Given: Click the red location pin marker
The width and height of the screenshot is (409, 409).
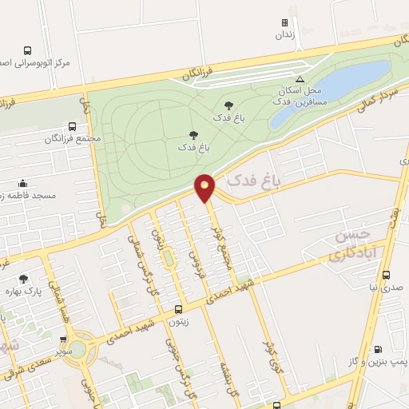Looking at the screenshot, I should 205,187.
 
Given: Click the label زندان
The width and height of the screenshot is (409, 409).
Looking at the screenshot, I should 285,35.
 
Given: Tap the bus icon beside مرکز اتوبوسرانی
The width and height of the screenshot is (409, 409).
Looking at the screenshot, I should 28,50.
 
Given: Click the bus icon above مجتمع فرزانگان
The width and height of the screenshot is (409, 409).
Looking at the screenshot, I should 72,126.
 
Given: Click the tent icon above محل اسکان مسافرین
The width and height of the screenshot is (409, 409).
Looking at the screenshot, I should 300,78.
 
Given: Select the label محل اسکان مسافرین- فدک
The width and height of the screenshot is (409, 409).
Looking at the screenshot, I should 296,97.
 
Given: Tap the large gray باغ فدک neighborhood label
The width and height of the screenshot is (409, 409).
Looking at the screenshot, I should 255,182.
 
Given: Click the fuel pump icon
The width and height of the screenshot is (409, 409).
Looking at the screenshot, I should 378,348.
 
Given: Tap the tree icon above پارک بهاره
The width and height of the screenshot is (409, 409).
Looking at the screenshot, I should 23,279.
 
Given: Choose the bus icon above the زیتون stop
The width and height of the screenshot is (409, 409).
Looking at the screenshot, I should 177,309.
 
